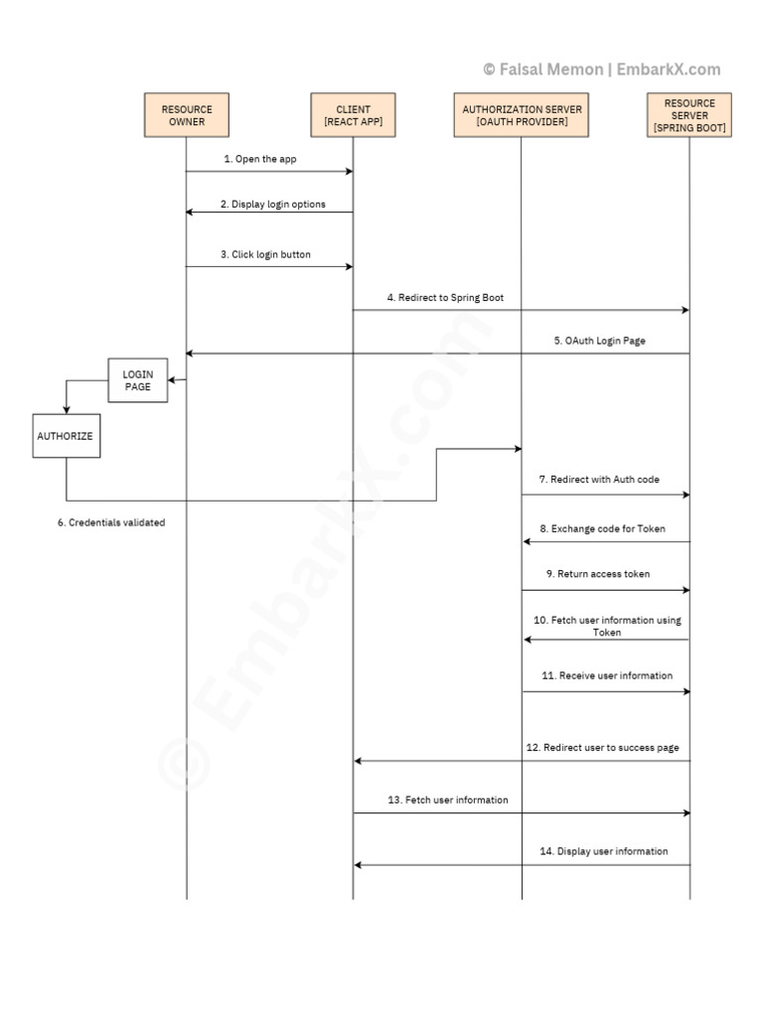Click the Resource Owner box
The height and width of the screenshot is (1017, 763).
(186, 115)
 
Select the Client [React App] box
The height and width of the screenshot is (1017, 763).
(353, 115)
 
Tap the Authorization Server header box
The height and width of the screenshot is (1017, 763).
(523, 115)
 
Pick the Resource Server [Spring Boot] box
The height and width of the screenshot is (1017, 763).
(689, 115)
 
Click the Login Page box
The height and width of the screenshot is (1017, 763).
(138, 380)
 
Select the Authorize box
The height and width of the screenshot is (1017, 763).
(67, 436)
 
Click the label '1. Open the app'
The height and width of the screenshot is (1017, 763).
(259, 159)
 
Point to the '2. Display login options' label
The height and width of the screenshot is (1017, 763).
(272, 205)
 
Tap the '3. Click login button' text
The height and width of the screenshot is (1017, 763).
(265, 254)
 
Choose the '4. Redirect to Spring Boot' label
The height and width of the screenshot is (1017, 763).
(438, 297)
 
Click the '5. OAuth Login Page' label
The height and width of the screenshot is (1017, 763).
(599, 341)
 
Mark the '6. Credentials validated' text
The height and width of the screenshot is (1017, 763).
(110, 522)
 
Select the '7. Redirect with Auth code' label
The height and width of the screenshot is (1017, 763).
(599, 479)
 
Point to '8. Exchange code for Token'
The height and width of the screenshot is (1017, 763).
(602, 528)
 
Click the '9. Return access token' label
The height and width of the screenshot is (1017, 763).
(598, 574)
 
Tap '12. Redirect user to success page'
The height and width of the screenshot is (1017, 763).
(602, 747)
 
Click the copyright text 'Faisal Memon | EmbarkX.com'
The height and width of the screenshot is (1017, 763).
(601, 70)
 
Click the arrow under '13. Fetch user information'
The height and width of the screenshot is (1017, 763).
(522, 812)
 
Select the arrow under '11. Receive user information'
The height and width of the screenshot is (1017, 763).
(605, 691)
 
